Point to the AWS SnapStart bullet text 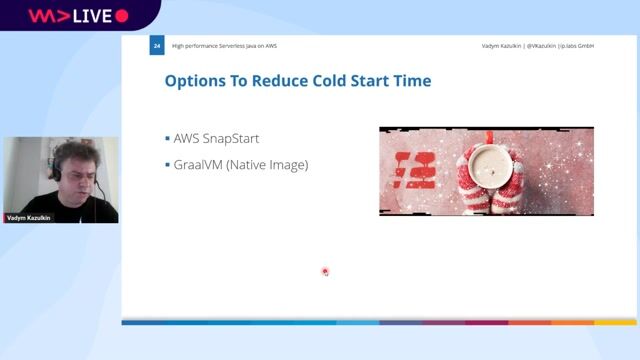tap(218, 137)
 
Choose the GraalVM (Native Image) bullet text tap(241, 164)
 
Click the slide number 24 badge tap(156, 46)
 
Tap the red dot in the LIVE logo tap(122, 16)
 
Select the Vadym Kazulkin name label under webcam tap(30, 217)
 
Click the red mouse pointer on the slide tap(325, 271)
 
